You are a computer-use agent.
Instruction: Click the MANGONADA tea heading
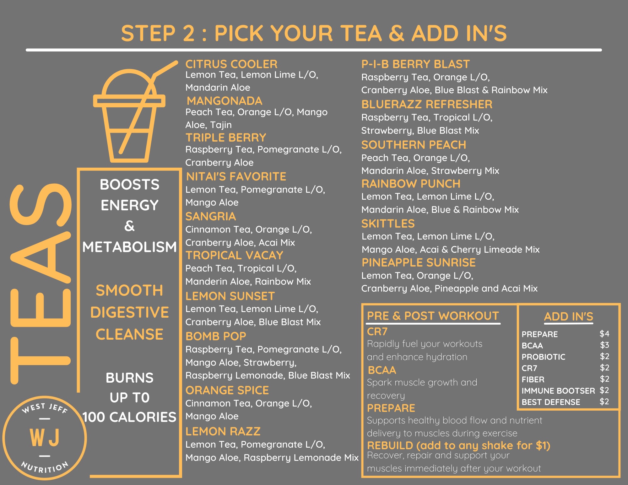[x=225, y=101]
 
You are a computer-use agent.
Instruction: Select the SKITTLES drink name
[x=388, y=224]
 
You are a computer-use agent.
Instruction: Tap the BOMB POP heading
[x=216, y=336]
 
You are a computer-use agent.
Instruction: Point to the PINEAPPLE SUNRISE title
[x=419, y=262]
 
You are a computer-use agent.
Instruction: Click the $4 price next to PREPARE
[x=604, y=333]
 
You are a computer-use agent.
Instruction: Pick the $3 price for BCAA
[x=604, y=345]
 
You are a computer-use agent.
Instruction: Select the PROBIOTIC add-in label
[x=544, y=357]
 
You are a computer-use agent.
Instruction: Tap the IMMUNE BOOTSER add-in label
[x=558, y=391]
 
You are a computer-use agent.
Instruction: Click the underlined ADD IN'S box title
[x=569, y=316]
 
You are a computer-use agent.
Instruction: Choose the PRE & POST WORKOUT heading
[x=433, y=316]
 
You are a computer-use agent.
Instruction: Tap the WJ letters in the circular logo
[x=45, y=438]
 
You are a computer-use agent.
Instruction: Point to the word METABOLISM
[x=130, y=247]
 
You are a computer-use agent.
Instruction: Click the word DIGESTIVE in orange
[x=130, y=312]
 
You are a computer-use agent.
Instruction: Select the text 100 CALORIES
[x=129, y=417]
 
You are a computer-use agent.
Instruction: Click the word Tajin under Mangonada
[x=220, y=125]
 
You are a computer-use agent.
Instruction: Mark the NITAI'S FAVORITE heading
[x=236, y=176]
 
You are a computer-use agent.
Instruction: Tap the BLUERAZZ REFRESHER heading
[x=427, y=104]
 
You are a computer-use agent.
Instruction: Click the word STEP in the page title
[x=148, y=33]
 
